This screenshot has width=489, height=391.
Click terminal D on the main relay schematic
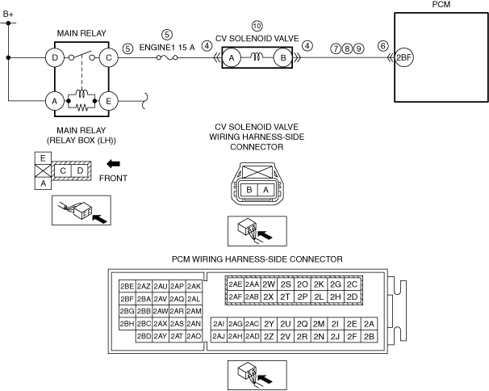[56, 58]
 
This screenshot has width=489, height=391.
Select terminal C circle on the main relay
[106, 58]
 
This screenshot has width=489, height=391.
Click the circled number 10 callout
[257, 27]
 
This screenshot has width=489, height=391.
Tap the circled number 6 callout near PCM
[382, 47]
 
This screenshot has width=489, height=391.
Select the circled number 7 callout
[335, 47]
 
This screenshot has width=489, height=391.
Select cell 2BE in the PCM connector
[127, 286]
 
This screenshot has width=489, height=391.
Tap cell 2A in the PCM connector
[370, 323]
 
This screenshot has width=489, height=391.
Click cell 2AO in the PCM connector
[194, 335]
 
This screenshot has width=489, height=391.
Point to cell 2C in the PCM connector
[352, 284]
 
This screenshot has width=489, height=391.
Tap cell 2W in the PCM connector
[269, 284]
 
